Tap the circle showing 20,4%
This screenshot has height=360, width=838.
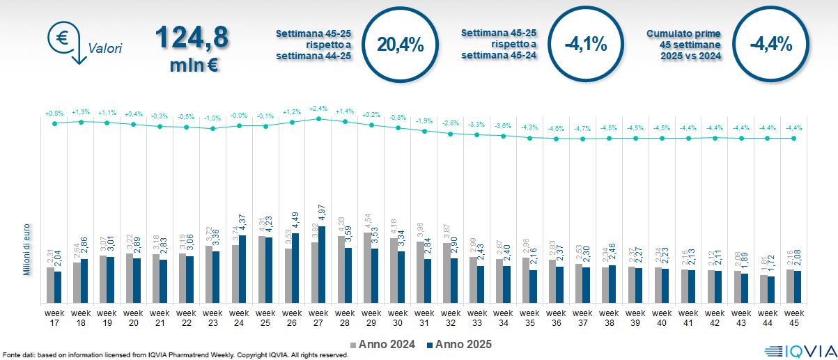click(x=400, y=45)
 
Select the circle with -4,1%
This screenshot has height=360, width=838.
click(x=585, y=45)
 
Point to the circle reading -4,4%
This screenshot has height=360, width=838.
click(x=770, y=45)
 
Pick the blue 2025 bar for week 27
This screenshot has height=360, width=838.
click(x=322, y=265)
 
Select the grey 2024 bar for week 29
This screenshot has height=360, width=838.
click(x=368, y=268)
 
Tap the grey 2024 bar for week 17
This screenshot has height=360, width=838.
click(x=50, y=285)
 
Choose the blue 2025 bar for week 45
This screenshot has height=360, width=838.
click(x=798, y=287)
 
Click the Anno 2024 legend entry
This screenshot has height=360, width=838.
click(x=384, y=344)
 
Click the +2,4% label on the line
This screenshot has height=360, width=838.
click(x=318, y=109)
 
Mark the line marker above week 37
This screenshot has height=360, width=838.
click(x=583, y=139)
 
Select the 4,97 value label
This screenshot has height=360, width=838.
click(x=322, y=230)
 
